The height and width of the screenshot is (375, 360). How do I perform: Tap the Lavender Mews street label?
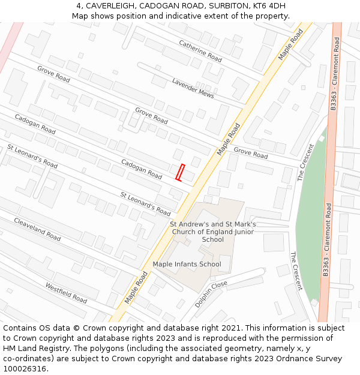click(193, 88)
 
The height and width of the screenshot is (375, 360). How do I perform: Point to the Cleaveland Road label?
click(37, 229)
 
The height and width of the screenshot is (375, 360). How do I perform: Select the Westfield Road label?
click(66, 292)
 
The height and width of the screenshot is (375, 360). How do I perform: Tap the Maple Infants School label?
click(187, 264)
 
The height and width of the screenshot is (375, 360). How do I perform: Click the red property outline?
click(179, 172)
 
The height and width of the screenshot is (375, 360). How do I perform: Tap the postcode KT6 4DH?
click(269, 6)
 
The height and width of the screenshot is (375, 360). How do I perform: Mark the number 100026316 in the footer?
click(25, 369)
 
